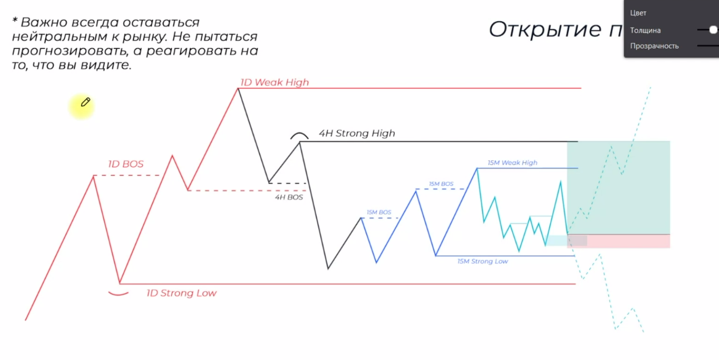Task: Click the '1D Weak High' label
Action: click(274, 82)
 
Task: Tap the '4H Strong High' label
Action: click(357, 133)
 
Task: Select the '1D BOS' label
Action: click(126, 164)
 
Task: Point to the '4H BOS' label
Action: click(289, 197)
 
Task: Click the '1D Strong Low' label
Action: click(181, 293)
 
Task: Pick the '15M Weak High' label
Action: click(512, 163)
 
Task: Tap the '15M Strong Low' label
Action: click(483, 261)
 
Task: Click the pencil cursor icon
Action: click(85, 102)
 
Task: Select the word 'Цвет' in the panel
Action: click(638, 13)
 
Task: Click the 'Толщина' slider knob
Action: click(713, 30)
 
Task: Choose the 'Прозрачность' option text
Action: click(654, 46)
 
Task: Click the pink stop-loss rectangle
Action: click(618, 241)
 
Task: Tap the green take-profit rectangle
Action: click(618, 188)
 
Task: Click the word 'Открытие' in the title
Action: click(545, 29)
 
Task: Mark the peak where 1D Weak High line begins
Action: click(238, 88)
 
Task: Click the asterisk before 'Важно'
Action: click(15, 20)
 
